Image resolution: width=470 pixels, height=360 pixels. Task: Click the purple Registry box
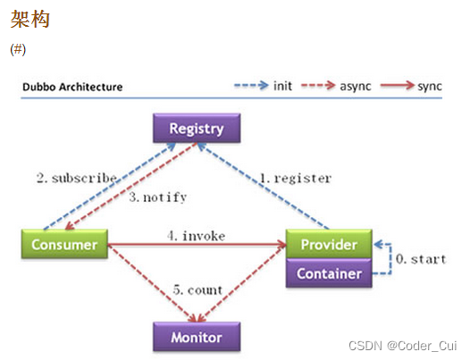click(197, 128)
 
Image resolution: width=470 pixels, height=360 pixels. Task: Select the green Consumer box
click(64, 244)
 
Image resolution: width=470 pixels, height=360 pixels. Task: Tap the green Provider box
click(329, 244)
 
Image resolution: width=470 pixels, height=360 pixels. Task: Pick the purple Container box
click(329, 273)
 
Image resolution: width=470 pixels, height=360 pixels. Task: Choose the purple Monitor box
click(197, 337)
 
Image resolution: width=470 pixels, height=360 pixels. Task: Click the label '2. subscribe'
click(77, 178)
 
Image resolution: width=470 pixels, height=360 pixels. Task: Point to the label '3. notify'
click(158, 197)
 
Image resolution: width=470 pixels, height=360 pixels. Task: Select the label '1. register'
click(295, 179)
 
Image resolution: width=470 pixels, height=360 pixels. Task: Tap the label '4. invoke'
click(197, 236)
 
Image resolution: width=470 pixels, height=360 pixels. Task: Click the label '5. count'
click(197, 289)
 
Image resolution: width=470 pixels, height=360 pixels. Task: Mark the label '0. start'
click(421, 259)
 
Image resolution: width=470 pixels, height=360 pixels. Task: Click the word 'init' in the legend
click(282, 86)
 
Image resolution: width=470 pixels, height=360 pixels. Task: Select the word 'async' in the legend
click(356, 87)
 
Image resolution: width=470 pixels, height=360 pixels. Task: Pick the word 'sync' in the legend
click(430, 87)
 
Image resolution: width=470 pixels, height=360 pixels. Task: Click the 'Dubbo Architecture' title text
click(72, 87)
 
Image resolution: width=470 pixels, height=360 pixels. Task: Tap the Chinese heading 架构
click(30, 19)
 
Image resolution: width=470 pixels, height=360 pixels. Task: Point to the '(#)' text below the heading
click(18, 49)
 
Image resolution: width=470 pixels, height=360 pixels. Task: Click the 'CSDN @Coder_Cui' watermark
click(403, 346)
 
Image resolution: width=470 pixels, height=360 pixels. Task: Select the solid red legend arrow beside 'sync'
click(397, 86)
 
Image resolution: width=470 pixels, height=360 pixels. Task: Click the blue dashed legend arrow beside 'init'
click(251, 86)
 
